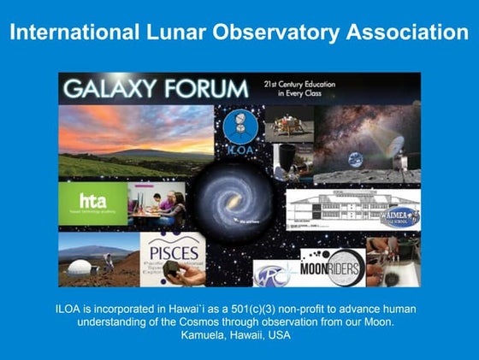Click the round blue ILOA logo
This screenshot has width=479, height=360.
click(239, 128)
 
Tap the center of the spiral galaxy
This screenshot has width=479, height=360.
click(232, 202)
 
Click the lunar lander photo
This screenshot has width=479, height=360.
click(288, 124)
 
